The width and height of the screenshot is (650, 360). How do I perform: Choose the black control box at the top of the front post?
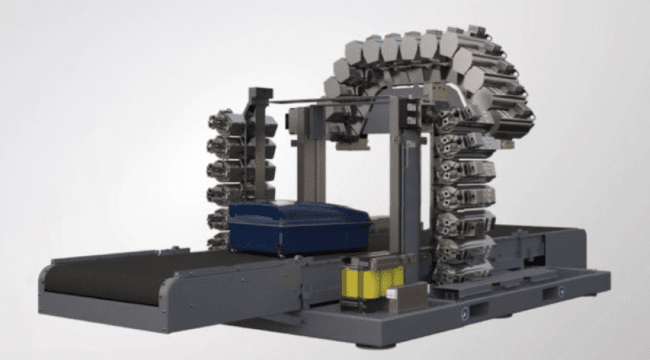[x=411, y=112]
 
